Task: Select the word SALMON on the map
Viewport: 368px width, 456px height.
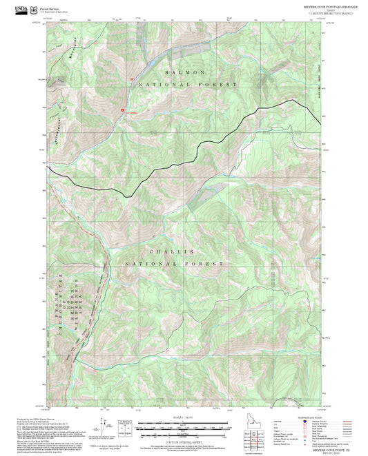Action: pos(184,72)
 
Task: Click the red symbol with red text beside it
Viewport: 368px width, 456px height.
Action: pos(124,110)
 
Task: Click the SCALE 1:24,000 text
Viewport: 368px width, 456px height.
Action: pos(184,417)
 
